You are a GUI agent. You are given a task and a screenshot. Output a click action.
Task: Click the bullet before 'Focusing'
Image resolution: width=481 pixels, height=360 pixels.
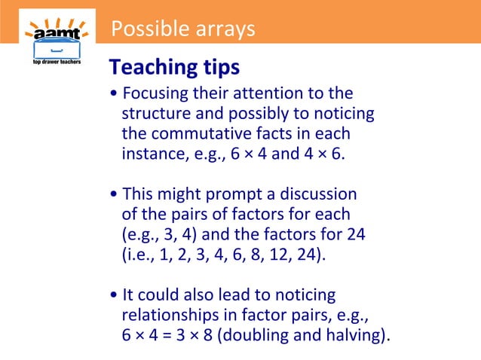click(113, 95)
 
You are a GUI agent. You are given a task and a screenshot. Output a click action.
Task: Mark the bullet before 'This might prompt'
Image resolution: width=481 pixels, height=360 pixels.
click(113, 194)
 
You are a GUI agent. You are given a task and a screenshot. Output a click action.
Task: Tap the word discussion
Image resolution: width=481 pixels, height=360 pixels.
click(316, 194)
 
